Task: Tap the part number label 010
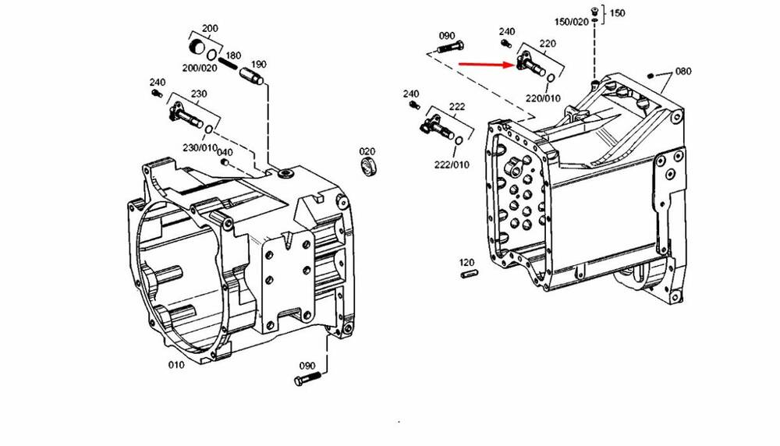[x=176, y=364]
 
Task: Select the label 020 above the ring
[x=367, y=151]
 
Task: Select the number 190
[x=258, y=64]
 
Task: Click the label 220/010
[x=543, y=98]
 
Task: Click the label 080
[x=683, y=72]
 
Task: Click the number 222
[x=457, y=107]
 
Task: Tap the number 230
[x=199, y=94]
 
